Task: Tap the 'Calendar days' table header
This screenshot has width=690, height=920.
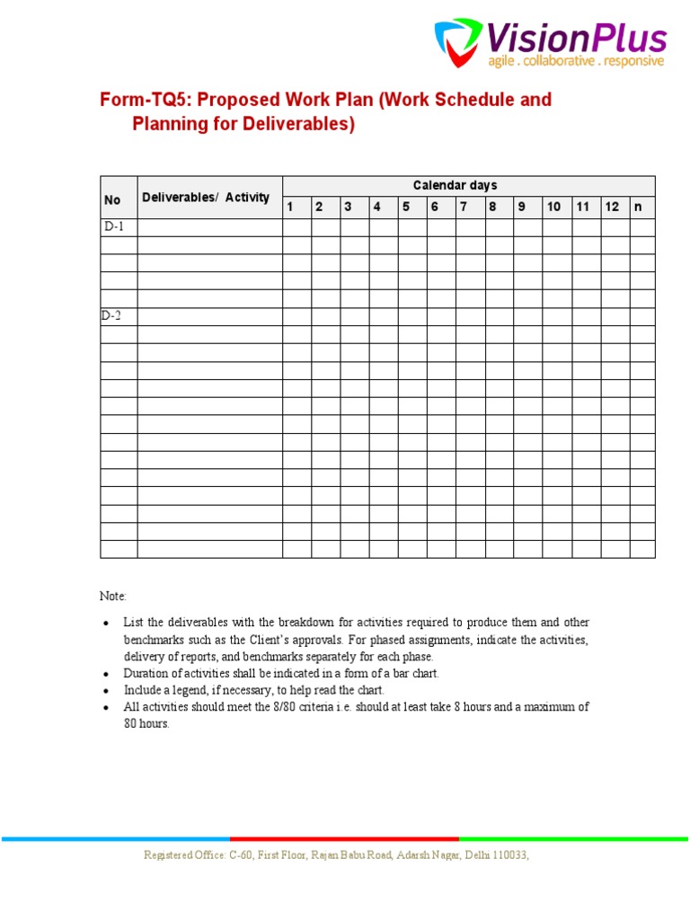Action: pos(455,186)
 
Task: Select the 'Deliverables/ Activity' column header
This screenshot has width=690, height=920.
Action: pos(205,198)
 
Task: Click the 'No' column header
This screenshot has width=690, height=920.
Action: pos(112,200)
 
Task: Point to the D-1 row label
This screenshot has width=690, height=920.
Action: pos(113,227)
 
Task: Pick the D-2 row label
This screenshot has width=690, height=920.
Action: pos(113,316)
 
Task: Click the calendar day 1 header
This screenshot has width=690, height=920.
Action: pos(290,207)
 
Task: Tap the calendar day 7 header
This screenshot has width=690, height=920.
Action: pos(464,207)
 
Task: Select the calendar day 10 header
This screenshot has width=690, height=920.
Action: pos(553,207)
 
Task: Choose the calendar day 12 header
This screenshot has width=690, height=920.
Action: pos(612,207)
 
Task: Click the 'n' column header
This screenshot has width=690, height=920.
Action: pos(639,207)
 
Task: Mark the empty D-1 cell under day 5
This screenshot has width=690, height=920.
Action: pos(412,227)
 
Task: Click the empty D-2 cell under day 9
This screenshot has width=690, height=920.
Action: pos(527,316)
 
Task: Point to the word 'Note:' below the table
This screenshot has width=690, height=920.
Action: pos(113,596)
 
